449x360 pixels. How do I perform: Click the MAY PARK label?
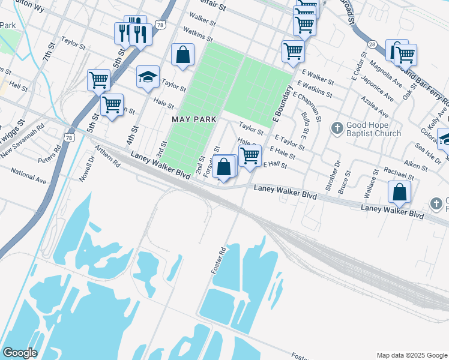click(x=193, y=120)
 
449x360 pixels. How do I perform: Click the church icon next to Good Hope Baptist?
click(x=337, y=128)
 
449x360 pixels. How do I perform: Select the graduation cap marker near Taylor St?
click(x=148, y=77)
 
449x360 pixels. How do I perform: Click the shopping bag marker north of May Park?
click(x=182, y=55)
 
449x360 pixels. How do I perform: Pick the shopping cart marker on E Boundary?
click(x=293, y=52)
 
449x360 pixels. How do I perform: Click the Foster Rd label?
click(x=217, y=260)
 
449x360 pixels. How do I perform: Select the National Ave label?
click(x=28, y=178)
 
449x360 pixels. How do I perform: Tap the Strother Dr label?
click(x=336, y=172)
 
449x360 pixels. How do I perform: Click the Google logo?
click(x=19, y=353)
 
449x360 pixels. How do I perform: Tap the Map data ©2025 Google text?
click(x=411, y=355)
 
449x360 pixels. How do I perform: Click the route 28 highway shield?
click(x=372, y=44)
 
